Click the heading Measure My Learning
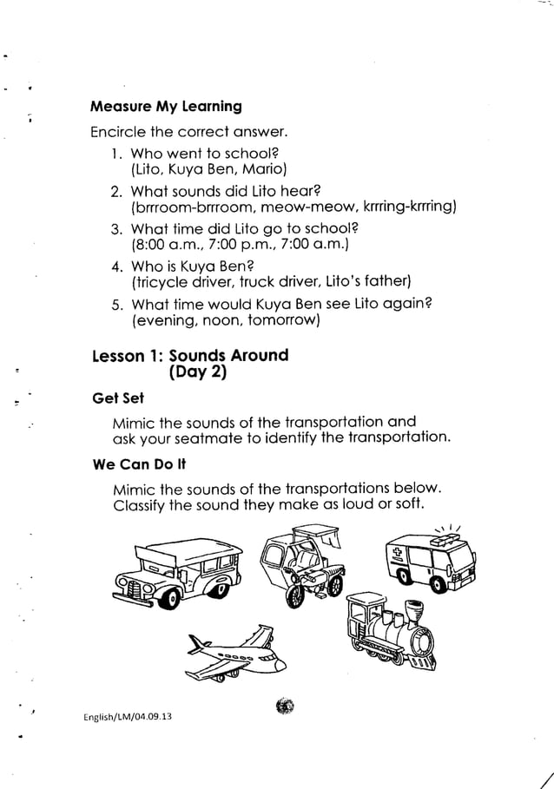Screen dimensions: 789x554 (x=166, y=108)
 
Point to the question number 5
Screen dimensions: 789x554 (x=116, y=302)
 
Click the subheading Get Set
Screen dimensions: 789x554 (x=118, y=398)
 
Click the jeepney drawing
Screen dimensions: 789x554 (x=180, y=574)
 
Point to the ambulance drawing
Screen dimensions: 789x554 (x=431, y=565)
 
